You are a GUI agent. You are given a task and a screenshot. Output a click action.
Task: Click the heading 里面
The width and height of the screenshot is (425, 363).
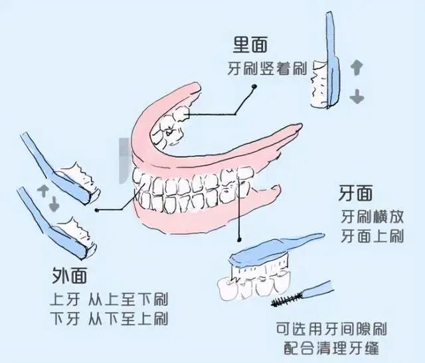point(250,45)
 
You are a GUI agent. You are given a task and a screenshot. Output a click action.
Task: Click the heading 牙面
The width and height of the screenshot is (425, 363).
point(355,194)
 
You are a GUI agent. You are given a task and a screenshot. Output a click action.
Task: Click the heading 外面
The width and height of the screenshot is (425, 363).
point(70,275)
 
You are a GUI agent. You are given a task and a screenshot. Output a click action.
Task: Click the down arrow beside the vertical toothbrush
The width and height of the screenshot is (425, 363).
point(357,96)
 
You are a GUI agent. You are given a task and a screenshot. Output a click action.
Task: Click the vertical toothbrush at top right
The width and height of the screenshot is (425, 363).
point(330,60)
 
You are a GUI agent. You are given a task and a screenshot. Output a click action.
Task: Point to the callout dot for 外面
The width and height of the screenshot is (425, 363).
point(98,210)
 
